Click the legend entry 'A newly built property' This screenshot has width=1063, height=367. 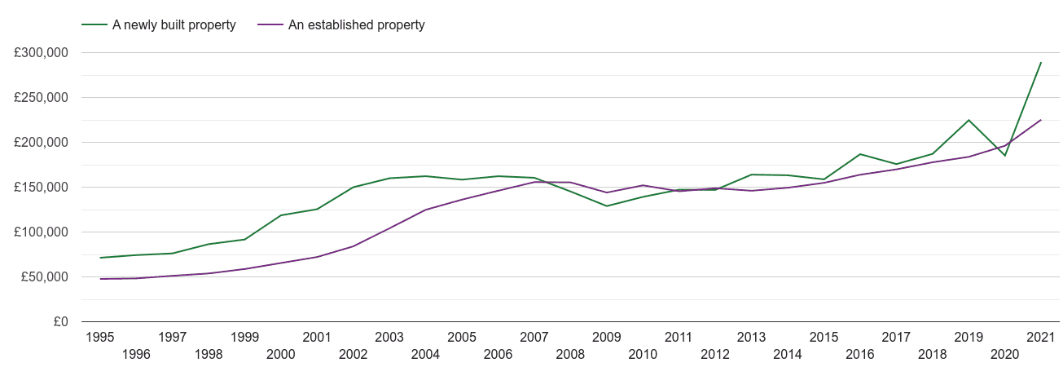tap(159, 25)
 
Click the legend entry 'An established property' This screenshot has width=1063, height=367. tap(341, 25)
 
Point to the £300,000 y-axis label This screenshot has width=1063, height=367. tap(41, 53)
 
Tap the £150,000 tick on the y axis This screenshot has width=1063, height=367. tap(41, 188)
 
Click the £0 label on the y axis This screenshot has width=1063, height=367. tap(61, 322)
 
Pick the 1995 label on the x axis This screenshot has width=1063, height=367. tap(100, 337)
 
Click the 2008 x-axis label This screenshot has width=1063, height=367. tap(570, 354)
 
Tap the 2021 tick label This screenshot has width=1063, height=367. tap(1041, 337)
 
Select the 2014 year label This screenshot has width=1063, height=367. tap(788, 354)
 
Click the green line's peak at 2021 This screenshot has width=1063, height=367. tap(1041, 63)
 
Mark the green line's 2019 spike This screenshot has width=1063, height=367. tap(969, 120)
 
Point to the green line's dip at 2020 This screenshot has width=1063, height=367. tap(1005, 156)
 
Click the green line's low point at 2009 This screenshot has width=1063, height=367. tap(607, 206)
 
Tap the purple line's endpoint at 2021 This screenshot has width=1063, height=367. tap(1041, 120)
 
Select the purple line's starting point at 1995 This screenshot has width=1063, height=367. tap(100, 279)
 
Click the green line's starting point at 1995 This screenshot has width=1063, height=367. tap(100, 258)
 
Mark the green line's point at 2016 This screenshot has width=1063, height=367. tap(860, 154)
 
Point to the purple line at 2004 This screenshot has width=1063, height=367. tap(426, 210)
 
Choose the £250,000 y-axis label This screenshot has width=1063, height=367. tap(41, 98)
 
